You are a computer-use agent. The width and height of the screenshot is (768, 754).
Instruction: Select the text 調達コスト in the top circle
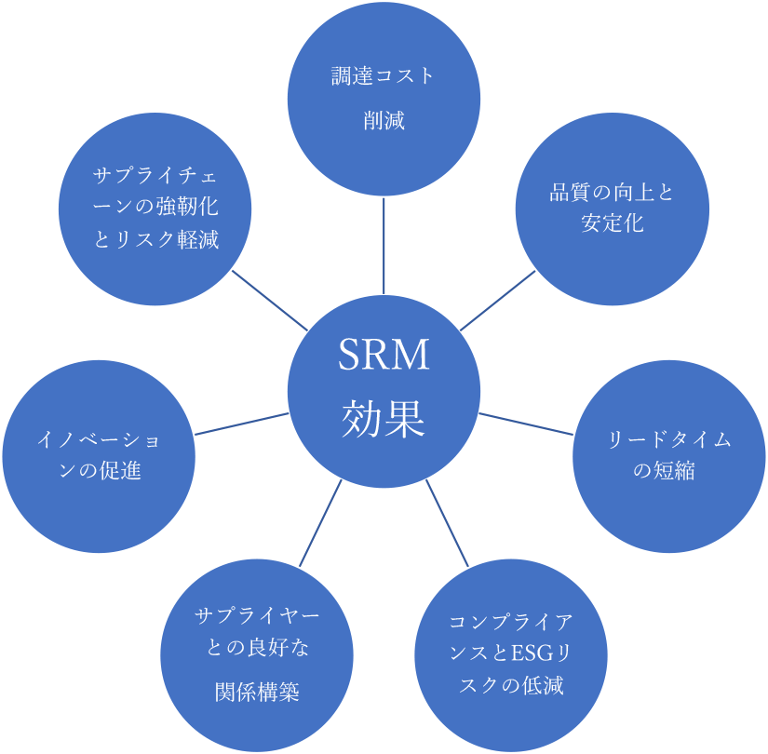pos(384,76)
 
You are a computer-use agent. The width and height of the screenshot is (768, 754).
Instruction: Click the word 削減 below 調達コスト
pos(384,121)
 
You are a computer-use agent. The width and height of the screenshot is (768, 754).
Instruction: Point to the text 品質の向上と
pos(611,194)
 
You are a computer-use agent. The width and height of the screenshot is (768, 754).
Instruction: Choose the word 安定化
pos(611,223)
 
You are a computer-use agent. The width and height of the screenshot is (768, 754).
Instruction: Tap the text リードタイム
pos(664,441)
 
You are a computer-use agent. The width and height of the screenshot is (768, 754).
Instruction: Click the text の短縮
pos(664,471)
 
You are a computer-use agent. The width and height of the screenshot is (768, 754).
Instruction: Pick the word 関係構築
pos(257,693)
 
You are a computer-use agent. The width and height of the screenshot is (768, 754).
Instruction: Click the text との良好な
pos(257,647)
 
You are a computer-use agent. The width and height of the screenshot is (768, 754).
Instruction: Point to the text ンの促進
pos(100,471)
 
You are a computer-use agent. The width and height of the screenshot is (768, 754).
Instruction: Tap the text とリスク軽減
pos(156,240)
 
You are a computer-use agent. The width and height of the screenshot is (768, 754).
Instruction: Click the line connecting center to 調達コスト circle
pos(384,247)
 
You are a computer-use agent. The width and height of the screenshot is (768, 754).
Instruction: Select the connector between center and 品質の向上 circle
pos(497,301)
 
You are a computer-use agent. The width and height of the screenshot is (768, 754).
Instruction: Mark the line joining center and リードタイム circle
pos(526,424)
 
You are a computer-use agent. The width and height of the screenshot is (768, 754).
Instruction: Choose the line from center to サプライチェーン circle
pos(270,300)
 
